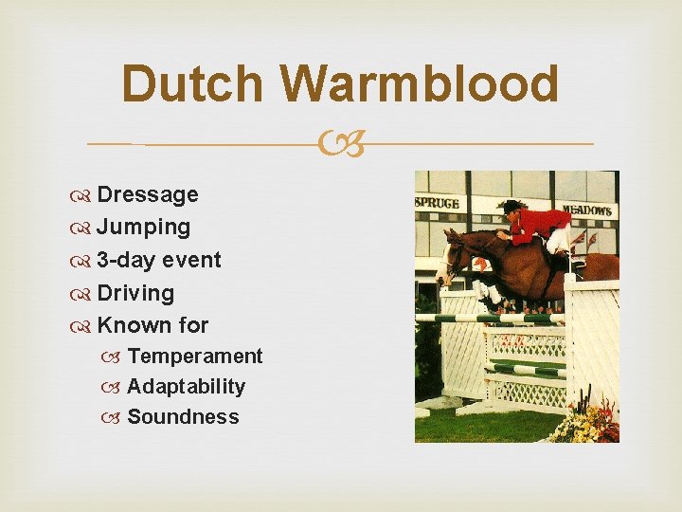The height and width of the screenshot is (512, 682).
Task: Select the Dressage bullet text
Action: pos(147,194)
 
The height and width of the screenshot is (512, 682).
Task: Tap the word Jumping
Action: pos(143,228)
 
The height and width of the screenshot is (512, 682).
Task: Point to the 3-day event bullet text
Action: pos(158,260)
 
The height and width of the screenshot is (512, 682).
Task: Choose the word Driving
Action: pos(135,293)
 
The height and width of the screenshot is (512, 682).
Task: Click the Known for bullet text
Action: pos(153,325)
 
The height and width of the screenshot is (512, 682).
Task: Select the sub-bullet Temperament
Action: pos(194,357)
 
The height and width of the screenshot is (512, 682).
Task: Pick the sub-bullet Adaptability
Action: pos(186,387)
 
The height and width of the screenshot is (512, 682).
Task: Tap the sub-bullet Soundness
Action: pos(183,417)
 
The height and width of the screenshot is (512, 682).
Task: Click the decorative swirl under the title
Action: pos(341,145)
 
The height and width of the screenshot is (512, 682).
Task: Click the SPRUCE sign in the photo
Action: pos(437,201)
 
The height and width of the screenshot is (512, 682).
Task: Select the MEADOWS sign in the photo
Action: pos(586,209)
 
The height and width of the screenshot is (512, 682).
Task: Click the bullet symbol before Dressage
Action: pos(82,195)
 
